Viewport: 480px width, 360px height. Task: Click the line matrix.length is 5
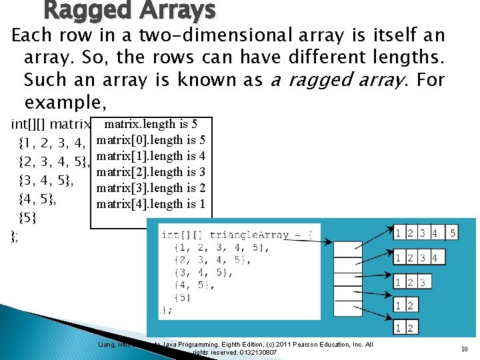(x=151, y=124)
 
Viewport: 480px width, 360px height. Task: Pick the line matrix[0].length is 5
(x=151, y=140)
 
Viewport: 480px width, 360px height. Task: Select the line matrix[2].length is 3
(x=151, y=173)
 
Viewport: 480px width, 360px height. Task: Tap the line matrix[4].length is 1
(x=151, y=205)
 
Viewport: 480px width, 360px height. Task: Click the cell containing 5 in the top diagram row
(x=452, y=233)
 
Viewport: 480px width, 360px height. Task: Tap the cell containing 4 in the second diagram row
(x=435, y=258)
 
